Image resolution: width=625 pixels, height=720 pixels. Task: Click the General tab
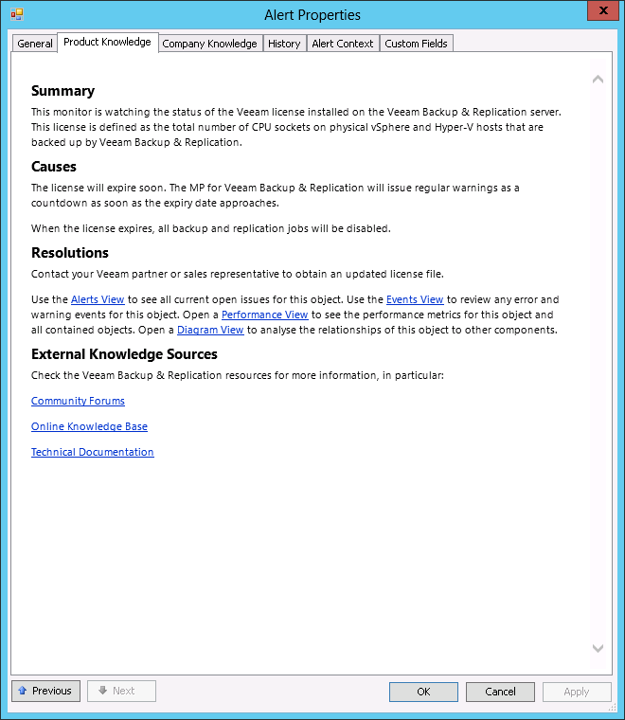click(x=35, y=44)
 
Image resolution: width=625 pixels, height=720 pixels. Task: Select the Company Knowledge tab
click(x=209, y=44)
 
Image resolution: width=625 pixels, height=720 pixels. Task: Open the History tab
click(x=284, y=44)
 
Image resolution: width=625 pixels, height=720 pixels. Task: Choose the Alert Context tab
click(x=343, y=44)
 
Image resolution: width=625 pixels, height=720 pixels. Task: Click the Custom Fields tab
click(x=417, y=44)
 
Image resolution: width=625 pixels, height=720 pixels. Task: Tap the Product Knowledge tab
click(x=107, y=42)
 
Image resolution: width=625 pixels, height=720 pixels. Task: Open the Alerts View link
click(x=98, y=299)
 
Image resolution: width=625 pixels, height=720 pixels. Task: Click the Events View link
click(x=415, y=299)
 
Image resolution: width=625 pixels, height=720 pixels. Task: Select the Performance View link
click(x=264, y=315)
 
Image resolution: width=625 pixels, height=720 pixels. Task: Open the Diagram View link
click(x=210, y=330)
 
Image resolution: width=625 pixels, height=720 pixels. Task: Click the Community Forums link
click(x=78, y=401)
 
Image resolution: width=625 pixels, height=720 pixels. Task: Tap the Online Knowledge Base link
click(x=89, y=426)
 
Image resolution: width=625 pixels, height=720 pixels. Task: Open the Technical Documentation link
click(x=92, y=452)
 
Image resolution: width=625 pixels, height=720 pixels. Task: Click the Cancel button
click(x=500, y=692)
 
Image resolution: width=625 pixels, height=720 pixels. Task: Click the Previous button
click(x=45, y=691)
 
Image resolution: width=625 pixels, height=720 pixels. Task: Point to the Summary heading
click(x=62, y=91)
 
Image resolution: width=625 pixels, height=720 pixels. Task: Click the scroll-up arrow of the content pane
click(x=598, y=80)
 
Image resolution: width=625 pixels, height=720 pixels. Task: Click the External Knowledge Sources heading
click(x=124, y=354)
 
